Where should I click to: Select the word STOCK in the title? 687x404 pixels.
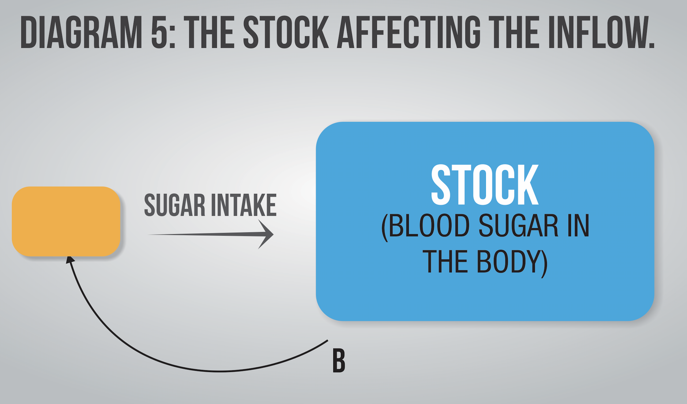(286, 33)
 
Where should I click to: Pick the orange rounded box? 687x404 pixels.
(66, 221)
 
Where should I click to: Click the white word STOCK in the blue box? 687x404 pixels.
(485, 185)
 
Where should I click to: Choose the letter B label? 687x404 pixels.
(339, 361)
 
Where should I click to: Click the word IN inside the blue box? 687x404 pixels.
(578, 226)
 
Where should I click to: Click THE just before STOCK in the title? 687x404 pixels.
(210, 33)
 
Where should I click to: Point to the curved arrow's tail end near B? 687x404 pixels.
(327, 341)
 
